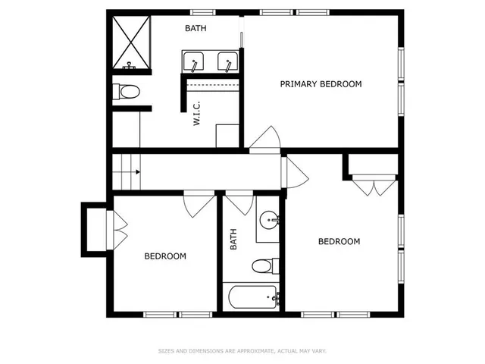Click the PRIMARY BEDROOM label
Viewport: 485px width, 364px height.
click(321, 84)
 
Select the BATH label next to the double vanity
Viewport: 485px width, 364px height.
click(196, 29)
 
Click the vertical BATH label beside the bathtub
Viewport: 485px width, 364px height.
click(233, 240)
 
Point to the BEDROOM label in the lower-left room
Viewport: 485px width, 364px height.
click(165, 256)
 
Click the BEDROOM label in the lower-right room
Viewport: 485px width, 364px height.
click(338, 242)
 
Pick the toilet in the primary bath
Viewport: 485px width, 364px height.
click(127, 93)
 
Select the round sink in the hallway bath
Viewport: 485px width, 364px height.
click(268, 221)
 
